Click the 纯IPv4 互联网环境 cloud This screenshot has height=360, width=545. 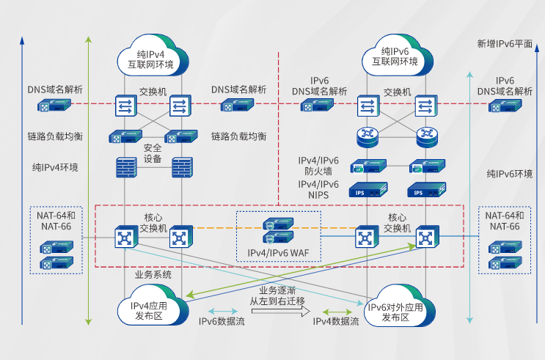[x=150, y=57]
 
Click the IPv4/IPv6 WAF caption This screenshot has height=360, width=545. [x=278, y=252]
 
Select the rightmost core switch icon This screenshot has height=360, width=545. [x=425, y=238]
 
